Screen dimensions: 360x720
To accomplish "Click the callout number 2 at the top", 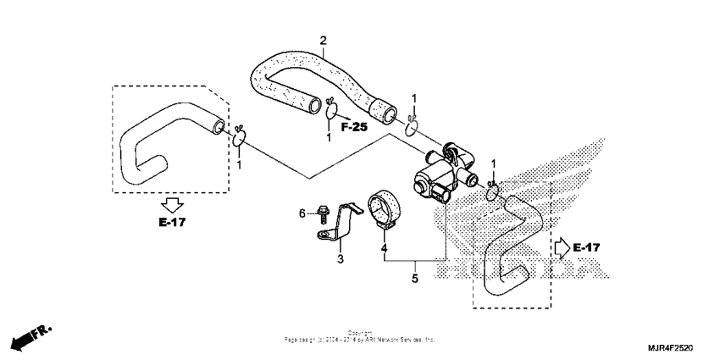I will (x=323, y=40).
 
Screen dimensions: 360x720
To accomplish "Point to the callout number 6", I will (x=302, y=213).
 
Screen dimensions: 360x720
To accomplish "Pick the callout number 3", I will (x=341, y=258).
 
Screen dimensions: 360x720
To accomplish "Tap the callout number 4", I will (x=384, y=249).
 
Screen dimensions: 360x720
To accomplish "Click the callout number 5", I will (x=414, y=277).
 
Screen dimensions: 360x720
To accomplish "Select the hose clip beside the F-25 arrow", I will (x=332, y=110).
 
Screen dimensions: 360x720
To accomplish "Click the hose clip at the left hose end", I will (x=240, y=136).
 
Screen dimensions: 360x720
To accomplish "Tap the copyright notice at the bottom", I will (x=359, y=336).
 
